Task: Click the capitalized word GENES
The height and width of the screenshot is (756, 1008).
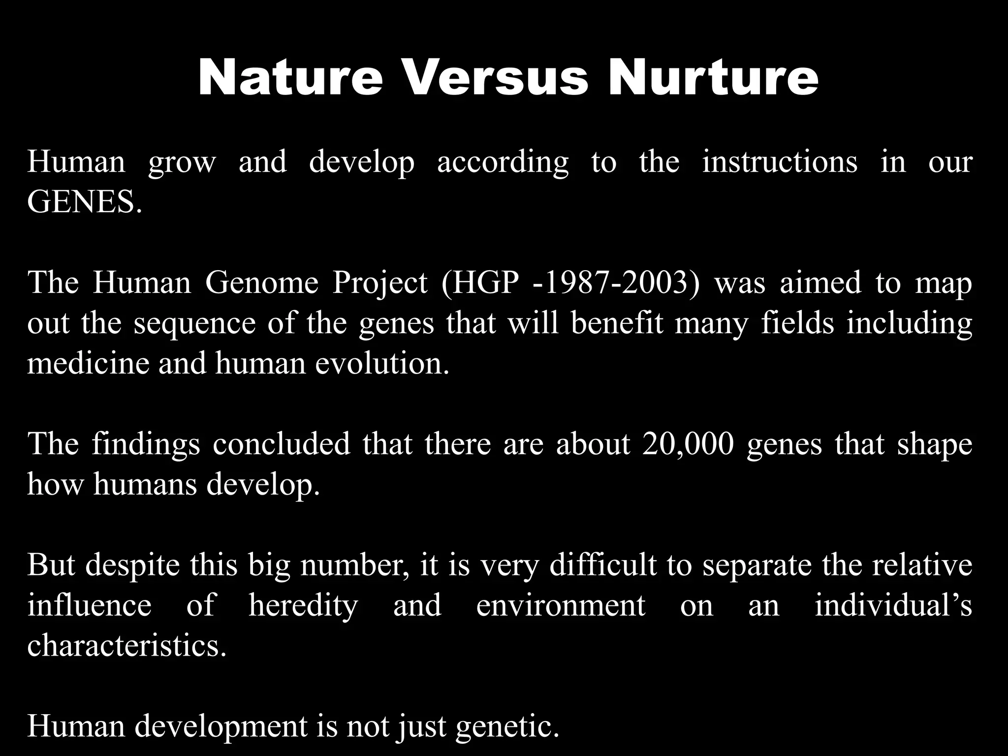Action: pyautogui.click(x=84, y=202)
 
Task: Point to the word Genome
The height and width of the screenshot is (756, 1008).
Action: pyautogui.click(x=262, y=283)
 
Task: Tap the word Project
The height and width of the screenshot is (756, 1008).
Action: pyautogui.click(x=380, y=283)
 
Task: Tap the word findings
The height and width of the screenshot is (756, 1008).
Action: pyautogui.click(x=146, y=444)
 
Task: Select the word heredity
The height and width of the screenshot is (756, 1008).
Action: pyautogui.click(x=303, y=605)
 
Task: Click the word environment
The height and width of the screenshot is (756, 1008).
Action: pyautogui.click(x=561, y=605)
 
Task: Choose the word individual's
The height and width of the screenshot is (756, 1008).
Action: pyautogui.click(x=893, y=605)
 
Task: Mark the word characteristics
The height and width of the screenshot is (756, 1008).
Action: pyautogui.click(x=127, y=645)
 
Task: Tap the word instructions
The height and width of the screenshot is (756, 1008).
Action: pyautogui.click(x=780, y=161)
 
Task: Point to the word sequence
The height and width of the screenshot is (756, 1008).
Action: pyautogui.click(x=194, y=324)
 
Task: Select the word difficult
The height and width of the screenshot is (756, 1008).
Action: pyautogui.click(x=603, y=565)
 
